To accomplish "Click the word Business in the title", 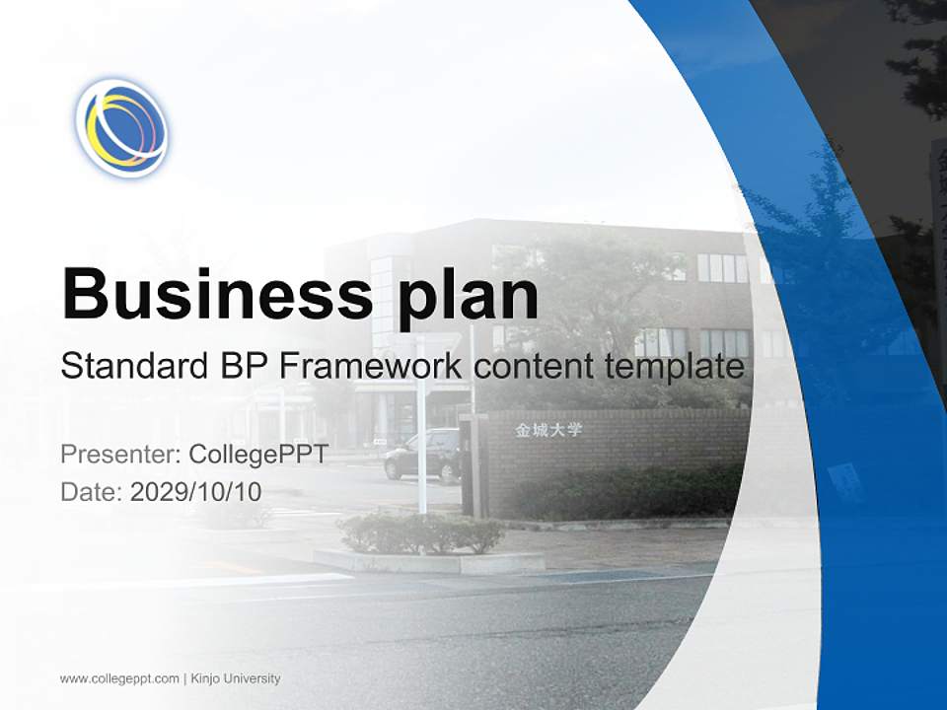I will pyautogui.click(x=216, y=294).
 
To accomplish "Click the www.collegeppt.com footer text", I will pyautogui.click(x=119, y=678).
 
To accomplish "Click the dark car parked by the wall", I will pyautogui.click(x=421, y=457).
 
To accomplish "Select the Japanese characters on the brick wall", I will pyautogui.click(x=548, y=431).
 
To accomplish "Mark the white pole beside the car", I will pyautogui.click(x=421, y=434).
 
